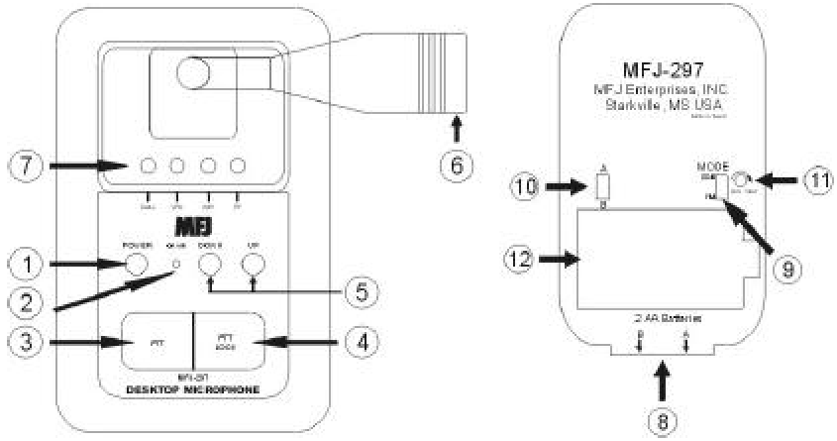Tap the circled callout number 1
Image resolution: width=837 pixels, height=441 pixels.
[x=21, y=265]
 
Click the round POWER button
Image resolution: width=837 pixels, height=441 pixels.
[x=136, y=264]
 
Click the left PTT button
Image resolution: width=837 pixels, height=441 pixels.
[x=155, y=340]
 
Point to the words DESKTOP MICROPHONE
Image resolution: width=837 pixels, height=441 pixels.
[x=192, y=390]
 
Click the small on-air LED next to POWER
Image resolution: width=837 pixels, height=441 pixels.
[x=175, y=265]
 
